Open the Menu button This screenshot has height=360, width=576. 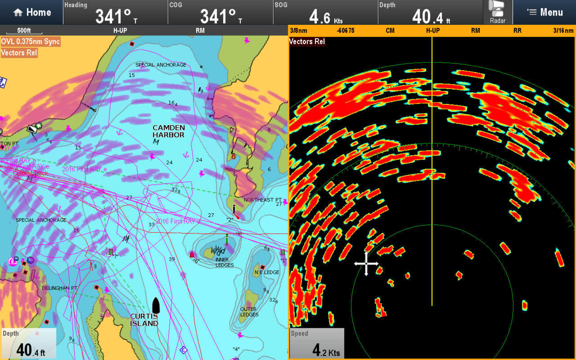[x=545, y=13]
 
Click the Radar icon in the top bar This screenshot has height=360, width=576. [x=497, y=12]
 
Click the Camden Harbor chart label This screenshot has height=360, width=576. [x=168, y=131]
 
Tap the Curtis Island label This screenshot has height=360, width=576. [x=144, y=319]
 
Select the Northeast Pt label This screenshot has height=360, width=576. [x=262, y=200]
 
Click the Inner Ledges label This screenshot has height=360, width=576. [x=224, y=262]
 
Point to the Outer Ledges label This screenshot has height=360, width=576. [x=249, y=312]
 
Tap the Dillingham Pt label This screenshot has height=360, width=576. [x=60, y=288]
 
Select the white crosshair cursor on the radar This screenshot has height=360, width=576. [x=366, y=263]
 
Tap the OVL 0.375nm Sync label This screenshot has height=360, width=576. [x=30, y=41]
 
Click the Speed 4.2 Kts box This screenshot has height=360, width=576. [x=316, y=344]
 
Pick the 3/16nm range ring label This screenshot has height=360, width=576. [x=563, y=31]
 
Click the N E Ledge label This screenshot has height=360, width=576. [x=267, y=272]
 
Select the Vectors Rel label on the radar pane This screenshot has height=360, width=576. [x=307, y=41]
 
